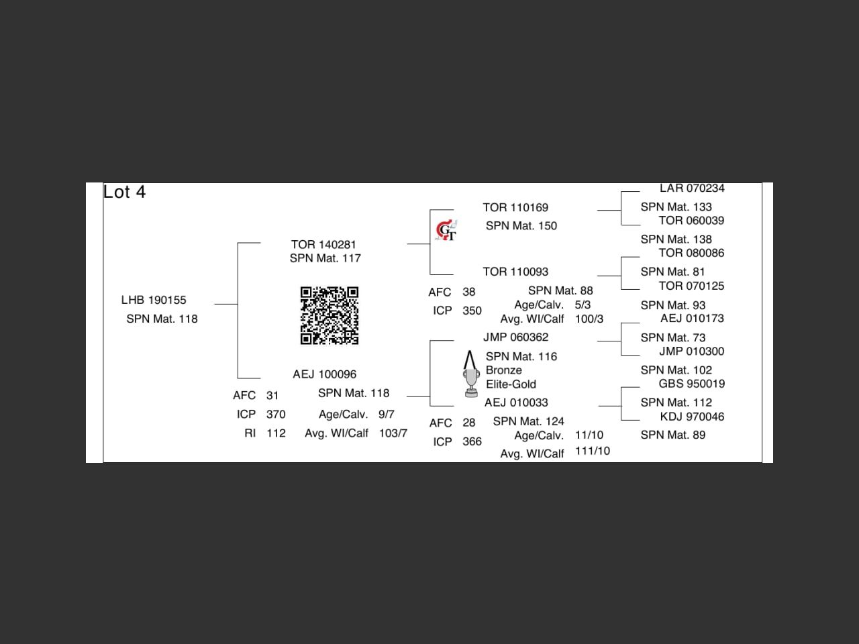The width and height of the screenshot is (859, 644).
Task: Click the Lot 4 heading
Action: (124, 193)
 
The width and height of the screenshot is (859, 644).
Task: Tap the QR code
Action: (329, 315)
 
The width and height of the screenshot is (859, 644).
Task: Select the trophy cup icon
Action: (471, 375)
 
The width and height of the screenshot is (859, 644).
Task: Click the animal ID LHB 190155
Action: (154, 300)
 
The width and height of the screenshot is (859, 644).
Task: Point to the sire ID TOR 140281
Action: (323, 244)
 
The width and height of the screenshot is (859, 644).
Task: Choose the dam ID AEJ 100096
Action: (324, 374)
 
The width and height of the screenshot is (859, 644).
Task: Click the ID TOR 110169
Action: (515, 207)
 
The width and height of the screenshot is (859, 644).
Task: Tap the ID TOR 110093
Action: (515, 272)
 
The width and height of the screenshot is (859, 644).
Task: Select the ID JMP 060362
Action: (515, 337)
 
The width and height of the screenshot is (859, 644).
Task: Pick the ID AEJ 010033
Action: (516, 402)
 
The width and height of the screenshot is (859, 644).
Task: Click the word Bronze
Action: (503, 370)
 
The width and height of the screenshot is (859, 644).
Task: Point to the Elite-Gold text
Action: (511, 384)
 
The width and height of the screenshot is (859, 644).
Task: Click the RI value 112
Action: (276, 433)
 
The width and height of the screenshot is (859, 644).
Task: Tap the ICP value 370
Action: (276, 415)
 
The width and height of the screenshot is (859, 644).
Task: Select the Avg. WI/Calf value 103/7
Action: (393, 433)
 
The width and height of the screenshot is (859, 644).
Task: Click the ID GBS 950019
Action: (691, 384)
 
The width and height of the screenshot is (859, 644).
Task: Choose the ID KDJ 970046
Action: (692, 417)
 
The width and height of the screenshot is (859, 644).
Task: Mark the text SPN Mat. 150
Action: (521, 226)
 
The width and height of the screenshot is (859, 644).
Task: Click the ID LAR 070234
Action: (692, 189)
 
